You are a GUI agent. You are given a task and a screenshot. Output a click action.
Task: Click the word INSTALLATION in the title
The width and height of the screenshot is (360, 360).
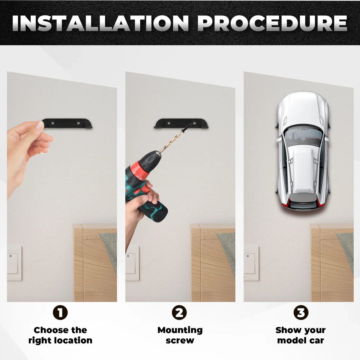point(100,23)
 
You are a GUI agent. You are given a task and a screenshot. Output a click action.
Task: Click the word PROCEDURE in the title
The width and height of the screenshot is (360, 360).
point(273,23)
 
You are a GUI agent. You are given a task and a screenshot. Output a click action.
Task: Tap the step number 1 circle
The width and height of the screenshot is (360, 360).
point(60,313)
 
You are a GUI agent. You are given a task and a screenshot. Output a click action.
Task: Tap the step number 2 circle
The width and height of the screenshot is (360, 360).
point(179,313)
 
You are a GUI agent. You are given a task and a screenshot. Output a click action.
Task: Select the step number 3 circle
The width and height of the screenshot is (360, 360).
point(301,313)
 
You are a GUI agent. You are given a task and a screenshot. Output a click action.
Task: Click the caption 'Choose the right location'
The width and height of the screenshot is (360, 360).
point(60,335)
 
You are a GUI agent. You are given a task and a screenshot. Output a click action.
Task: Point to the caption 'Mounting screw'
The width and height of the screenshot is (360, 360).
point(180,335)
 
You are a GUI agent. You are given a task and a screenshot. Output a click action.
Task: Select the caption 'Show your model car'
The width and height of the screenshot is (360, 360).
point(301,335)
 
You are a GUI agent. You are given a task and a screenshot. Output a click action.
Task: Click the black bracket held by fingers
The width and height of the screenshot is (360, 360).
point(67,123)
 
